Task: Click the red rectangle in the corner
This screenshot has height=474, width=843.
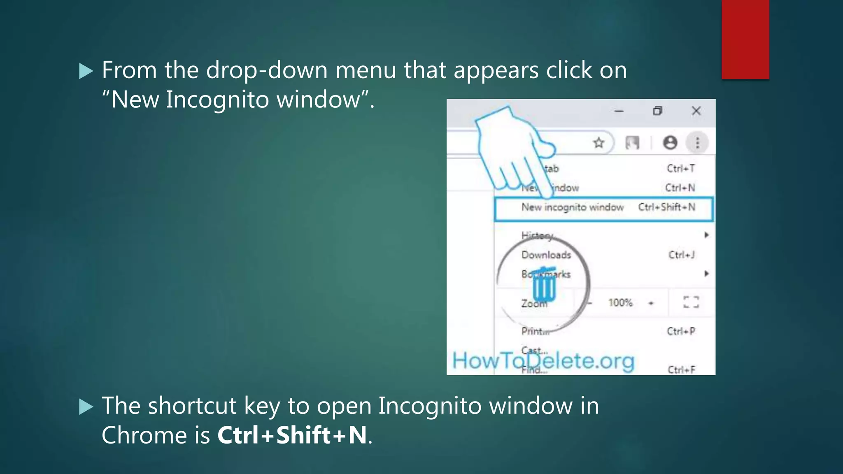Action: pos(745,39)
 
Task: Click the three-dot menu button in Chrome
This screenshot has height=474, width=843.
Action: pos(697,143)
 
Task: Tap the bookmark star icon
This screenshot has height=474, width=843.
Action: pos(599,143)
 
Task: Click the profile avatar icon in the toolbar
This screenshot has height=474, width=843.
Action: pos(670,143)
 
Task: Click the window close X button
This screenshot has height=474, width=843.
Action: pos(696,111)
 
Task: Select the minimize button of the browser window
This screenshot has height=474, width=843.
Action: pos(619,111)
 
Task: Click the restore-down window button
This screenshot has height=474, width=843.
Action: pos(657,111)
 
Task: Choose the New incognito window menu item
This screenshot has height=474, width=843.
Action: pos(573,207)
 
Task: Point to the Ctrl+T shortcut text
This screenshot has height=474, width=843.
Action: pos(681,168)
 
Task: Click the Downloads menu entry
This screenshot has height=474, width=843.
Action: pos(546,255)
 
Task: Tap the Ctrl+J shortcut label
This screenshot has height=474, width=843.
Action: pos(681,255)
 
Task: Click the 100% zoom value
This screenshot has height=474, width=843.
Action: pos(620,303)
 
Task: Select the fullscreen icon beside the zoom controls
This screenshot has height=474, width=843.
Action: pos(691,302)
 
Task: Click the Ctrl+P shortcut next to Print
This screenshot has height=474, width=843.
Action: pos(681,331)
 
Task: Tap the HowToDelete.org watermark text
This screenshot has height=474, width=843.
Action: pos(543,361)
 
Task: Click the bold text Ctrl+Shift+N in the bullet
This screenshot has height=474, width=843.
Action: pos(292,435)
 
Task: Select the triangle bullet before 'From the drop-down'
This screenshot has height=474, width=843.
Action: pos(86,71)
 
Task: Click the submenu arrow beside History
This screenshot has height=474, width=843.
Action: pos(706,235)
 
